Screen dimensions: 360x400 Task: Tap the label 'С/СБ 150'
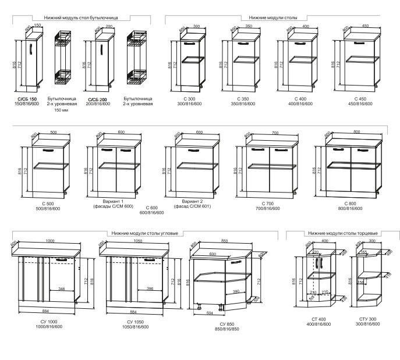point(24,99)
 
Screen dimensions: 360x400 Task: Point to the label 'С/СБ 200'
point(98,99)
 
